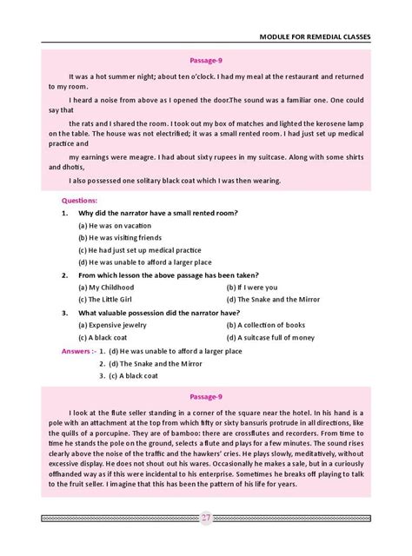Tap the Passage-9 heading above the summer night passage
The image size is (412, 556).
pyautogui.click(x=206, y=61)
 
